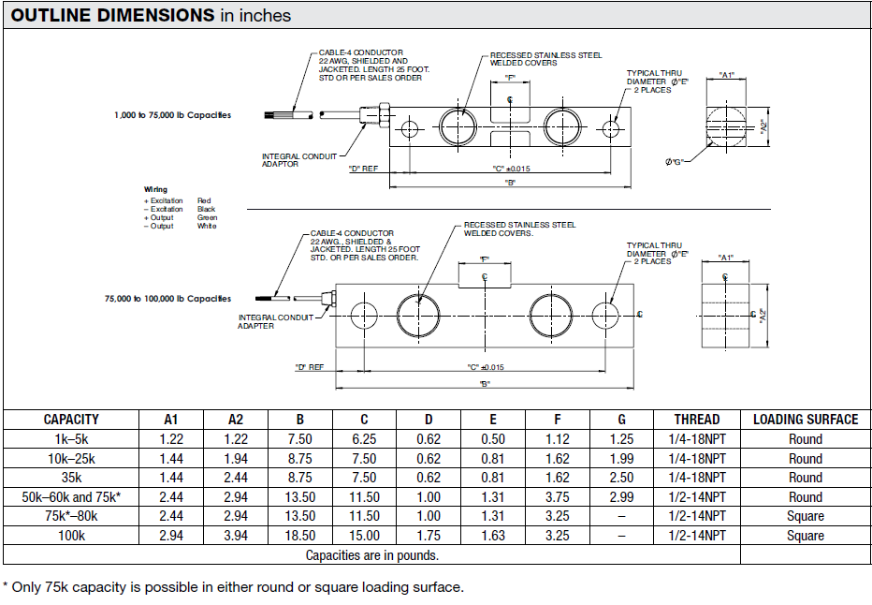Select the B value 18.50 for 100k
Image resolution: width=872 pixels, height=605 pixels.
click(x=299, y=536)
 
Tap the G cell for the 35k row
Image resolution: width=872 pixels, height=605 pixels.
click(x=621, y=478)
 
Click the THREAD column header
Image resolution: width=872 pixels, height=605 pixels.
click(x=697, y=420)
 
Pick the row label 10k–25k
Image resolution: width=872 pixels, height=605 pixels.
click(x=71, y=459)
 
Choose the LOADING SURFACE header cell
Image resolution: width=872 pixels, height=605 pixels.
click(x=805, y=420)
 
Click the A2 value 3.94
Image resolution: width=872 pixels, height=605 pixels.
click(x=235, y=536)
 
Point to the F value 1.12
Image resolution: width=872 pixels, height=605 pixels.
click(x=557, y=439)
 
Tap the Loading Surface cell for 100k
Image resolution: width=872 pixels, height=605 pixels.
click(x=805, y=536)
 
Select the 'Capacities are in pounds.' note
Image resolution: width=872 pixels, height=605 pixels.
click(x=371, y=555)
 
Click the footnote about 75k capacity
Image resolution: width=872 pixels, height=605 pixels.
click(x=233, y=587)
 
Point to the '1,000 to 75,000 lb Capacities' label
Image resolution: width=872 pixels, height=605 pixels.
click(x=172, y=115)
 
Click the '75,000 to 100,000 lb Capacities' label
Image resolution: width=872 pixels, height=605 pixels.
click(x=167, y=299)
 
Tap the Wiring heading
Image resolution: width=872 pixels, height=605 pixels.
click(x=155, y=190)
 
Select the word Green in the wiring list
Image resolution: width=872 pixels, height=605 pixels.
click(x=206, y=217)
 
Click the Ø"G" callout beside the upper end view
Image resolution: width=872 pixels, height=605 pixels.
click(x=675, y=162)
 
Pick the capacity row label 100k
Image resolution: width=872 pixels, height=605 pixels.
click(x=71, y=536)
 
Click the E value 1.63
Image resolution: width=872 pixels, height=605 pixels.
click(x=492, y=536)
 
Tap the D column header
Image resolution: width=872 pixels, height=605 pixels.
click(x=429, y=420)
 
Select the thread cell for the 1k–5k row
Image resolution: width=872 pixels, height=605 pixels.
click(x=697, y=439)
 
